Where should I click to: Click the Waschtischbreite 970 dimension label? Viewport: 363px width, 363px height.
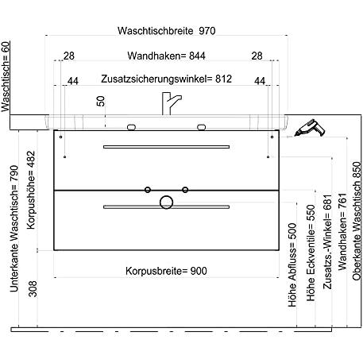coord(166,31)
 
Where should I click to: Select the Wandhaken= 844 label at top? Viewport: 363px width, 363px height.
coord(166,56)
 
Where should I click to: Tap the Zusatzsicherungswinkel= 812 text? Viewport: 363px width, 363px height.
coord(166,79)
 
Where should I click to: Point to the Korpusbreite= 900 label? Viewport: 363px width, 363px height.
coord(166,271)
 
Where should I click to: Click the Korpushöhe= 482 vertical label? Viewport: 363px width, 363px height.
coord(31,190)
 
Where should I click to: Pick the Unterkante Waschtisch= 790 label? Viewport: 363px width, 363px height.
coord(14,229)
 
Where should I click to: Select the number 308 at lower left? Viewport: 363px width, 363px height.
coord(33,289)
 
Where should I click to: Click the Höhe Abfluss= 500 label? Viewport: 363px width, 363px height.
coord(292,265)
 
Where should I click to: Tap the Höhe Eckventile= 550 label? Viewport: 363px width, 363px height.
coord(311,253)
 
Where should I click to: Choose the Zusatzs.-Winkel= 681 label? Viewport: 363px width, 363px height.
coord(327,241)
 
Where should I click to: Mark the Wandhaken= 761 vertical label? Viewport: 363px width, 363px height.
coord(342,232)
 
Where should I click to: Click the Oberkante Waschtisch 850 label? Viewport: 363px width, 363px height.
coord(357,221)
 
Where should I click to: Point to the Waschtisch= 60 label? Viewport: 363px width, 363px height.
coord(6,76)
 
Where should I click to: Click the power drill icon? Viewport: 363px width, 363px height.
coord(310,128)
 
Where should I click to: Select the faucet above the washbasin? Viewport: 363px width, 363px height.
coord(171,103)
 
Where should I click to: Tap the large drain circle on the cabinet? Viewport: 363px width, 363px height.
coord(166,203)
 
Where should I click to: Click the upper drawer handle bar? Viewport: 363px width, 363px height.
coord(166,147)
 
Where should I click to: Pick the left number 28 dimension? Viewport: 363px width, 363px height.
coord(69,56)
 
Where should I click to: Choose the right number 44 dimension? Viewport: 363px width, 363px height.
coord(260,81)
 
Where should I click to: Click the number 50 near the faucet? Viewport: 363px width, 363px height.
coord(101,101)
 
